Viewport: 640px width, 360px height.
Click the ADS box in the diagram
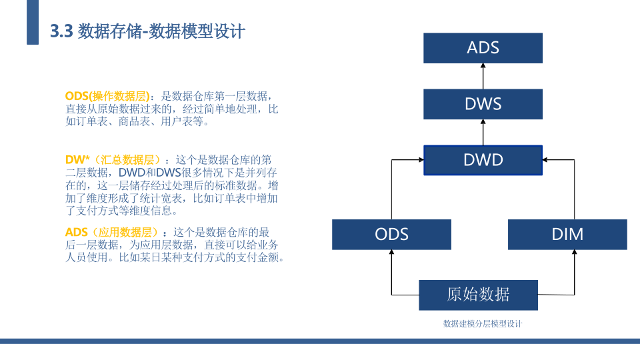pos(483,48)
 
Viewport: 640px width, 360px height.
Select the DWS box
pos(483,104)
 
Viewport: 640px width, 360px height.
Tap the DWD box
pos(483,160)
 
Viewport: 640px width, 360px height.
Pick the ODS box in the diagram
pos(391,234)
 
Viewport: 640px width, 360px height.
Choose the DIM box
pos(567,234)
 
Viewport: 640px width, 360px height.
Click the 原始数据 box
pos(479,295)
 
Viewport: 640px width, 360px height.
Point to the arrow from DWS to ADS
pos(483,76)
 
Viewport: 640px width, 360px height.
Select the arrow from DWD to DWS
pos(483,132)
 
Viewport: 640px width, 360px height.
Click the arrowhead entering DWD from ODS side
pos(421,159)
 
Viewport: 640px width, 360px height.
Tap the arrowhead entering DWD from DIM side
pos(545,159)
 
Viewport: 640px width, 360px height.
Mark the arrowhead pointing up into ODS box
pos(391,252)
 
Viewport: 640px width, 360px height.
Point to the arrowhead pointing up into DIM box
pos(574,252)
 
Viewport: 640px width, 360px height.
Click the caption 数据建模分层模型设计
pos(483,324)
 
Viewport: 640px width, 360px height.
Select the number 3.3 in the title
pos(61,31)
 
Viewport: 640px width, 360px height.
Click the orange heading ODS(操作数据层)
pos(108,96)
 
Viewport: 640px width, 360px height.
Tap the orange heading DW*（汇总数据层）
pos(112,159)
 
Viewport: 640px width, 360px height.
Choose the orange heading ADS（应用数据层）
pos(111,232)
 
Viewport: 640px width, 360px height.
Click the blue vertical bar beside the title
pos(33,22)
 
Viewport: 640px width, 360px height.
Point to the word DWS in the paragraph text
pos(169,172)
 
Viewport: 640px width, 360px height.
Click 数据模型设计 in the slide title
pos(197,31)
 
